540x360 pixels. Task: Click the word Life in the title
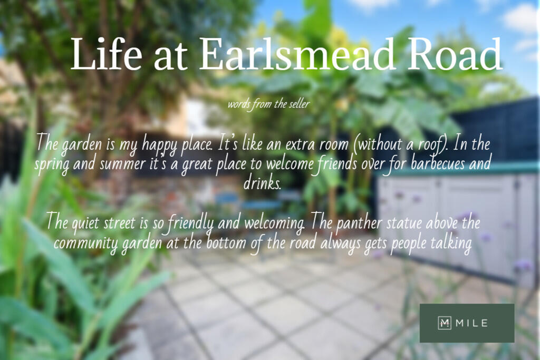tap(107, 54)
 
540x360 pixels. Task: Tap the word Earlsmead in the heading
tap(296, 54)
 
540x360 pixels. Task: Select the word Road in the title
tap(455, 54)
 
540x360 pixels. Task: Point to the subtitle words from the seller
tap(268, 104)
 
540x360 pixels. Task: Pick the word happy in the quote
tap(160, 145)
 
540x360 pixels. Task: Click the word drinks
tap(262, 182)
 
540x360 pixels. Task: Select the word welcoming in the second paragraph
tap(274, 223)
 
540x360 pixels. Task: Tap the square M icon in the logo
tap(444, 323)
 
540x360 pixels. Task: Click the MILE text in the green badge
tap(471, 323)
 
